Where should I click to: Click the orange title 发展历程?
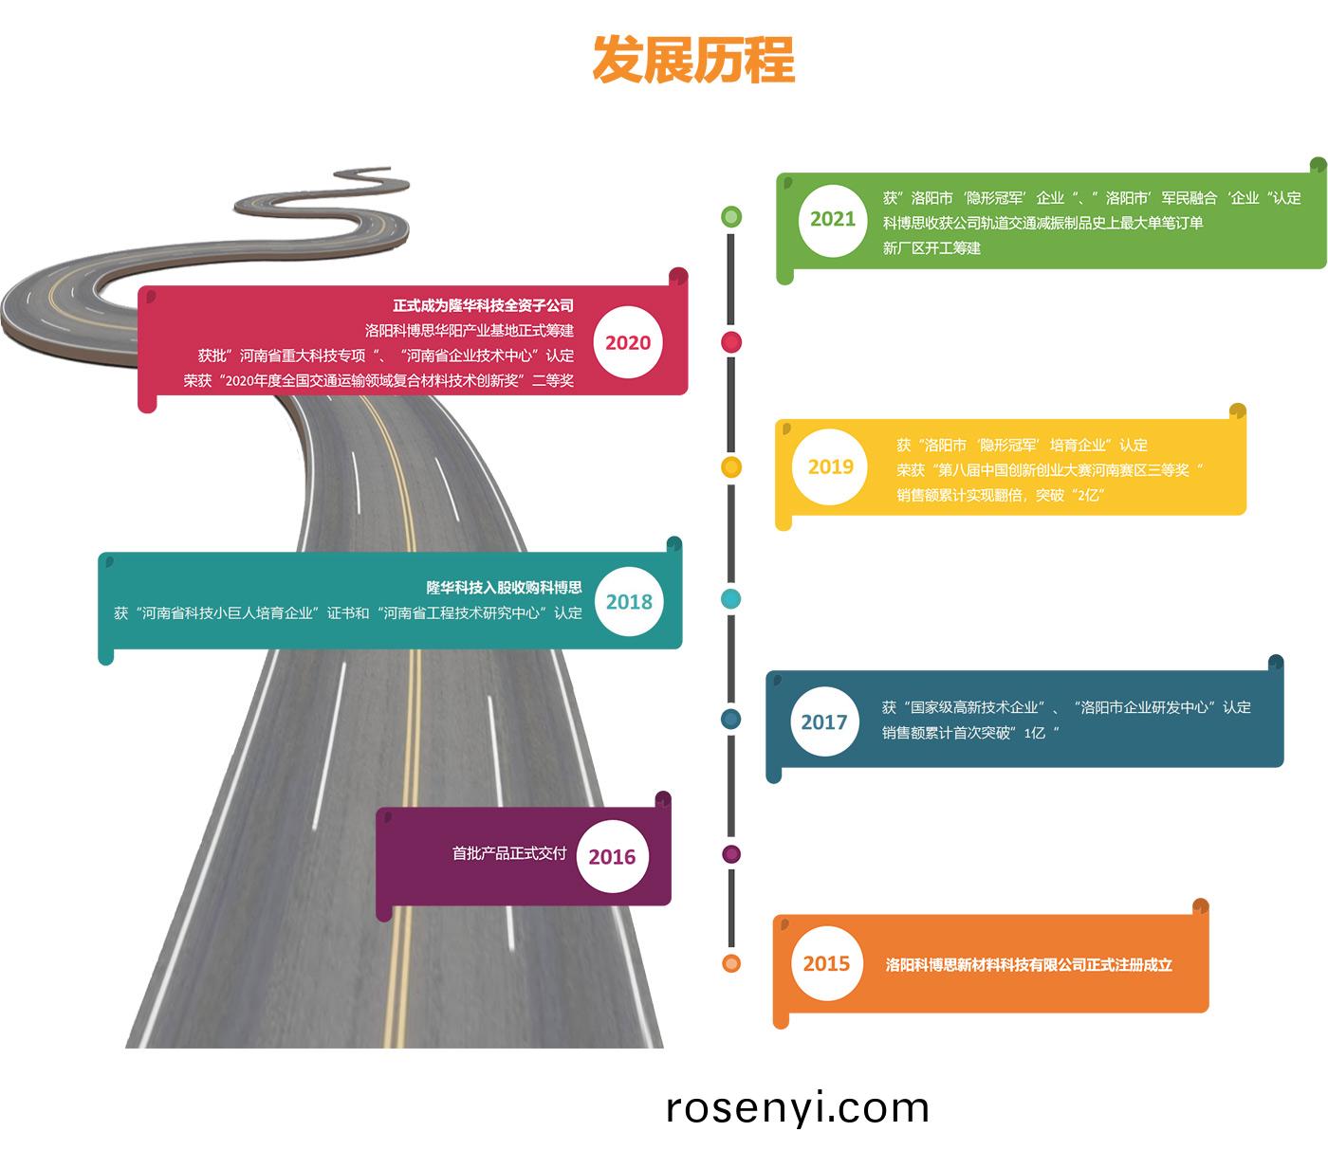click(693, 61)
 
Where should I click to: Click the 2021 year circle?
click(832, 219)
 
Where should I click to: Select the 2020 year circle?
click(628, 342)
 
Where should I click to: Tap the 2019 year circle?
click(830, 466)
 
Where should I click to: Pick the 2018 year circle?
click(629, 601)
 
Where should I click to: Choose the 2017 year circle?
click(823, 722)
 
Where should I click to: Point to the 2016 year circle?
click(612, 857)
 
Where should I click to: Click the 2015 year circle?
click(826, 964)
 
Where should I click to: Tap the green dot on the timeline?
click(730, 216)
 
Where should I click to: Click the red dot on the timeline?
click(731, 342)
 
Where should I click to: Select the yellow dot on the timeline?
click(730, 467)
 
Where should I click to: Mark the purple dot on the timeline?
click(730, 854)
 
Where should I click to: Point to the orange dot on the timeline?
click(730, 964)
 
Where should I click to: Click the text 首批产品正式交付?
click(509, 853)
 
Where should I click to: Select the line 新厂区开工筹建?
click(931, 248)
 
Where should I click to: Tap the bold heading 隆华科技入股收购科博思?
click(504, 588)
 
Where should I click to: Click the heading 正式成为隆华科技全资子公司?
click(483, 305)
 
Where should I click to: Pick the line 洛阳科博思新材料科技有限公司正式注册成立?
click(1028, 965)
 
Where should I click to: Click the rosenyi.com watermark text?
click(797, 1107)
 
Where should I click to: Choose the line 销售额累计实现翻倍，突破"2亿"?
click(1001, 495)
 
